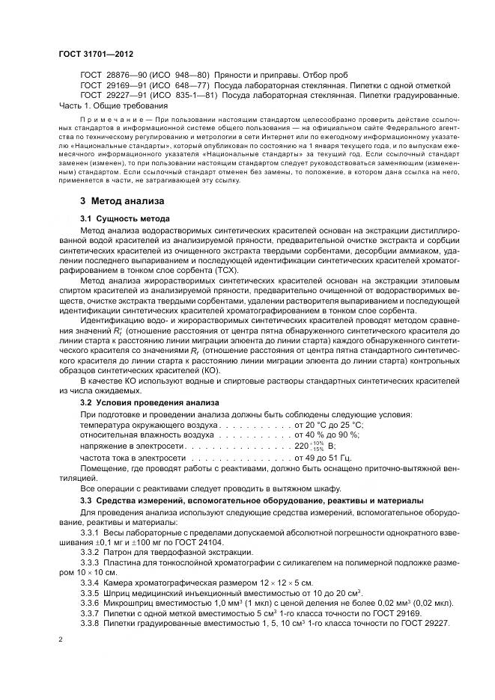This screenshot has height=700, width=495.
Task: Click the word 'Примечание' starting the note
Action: (x=108, y=119)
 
